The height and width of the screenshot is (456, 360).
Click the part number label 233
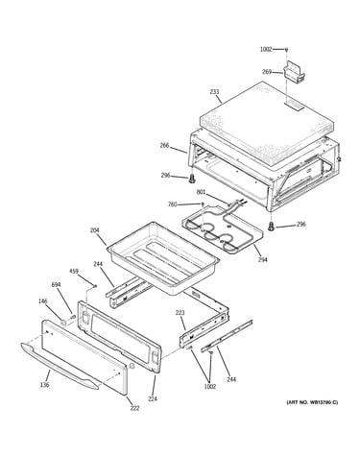(x=214, y=92)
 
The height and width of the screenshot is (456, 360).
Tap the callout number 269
(x=267, y=72)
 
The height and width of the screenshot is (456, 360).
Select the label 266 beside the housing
(x=164, y=146)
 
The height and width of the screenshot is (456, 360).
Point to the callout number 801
(x=201, y=192)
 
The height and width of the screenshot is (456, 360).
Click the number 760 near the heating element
(x=173, y=204)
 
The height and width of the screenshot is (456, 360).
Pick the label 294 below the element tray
(x=263, y=259)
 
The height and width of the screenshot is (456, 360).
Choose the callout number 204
(x=95, y=230)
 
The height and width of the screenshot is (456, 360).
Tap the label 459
(x=74, y=272)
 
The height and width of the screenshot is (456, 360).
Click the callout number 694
(x=57, y=284)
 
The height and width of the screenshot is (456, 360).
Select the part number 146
(x=42, y=301)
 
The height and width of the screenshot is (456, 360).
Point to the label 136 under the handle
(x=45, y=385)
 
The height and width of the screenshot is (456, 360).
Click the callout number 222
(x=134, y=408)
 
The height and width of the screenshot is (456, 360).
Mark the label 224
(x=153, y=399)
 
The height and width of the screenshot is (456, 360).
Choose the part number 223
(x=180, y=313)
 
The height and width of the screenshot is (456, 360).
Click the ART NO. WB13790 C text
(x=312, y=402)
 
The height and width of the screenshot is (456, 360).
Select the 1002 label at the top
(x=266, y=49)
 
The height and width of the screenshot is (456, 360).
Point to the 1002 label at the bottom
(x=209, y=386)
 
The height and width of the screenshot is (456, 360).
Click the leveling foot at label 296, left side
(x=192, y=179)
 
